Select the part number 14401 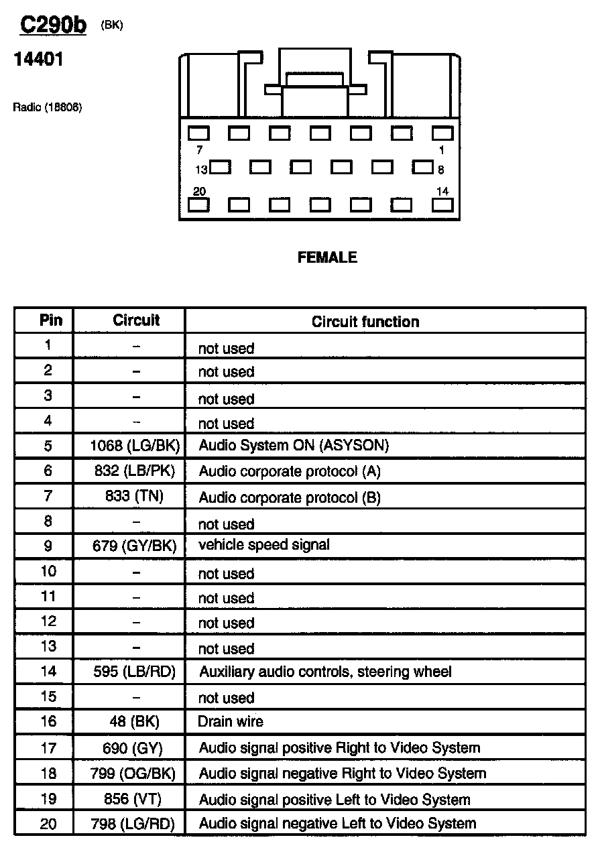tap(38, 60)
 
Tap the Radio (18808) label tap(47, 107)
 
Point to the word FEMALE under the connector tap(327, 257)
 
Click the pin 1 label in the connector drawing tap(441, 150)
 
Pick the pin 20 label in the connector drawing tap(199, 192)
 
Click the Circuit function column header tap(365, 322)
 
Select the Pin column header tap(51, 320)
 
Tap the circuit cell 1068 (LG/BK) tap(134, 445)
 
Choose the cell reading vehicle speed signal tap(264, 545)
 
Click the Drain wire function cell tap(231, 722)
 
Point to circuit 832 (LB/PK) tap(134, 471)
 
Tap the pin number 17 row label tap(48, 748)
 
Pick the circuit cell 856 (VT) tap(134, 799)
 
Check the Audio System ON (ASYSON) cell tap(294, 445)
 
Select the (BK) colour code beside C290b tap(112, 25)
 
